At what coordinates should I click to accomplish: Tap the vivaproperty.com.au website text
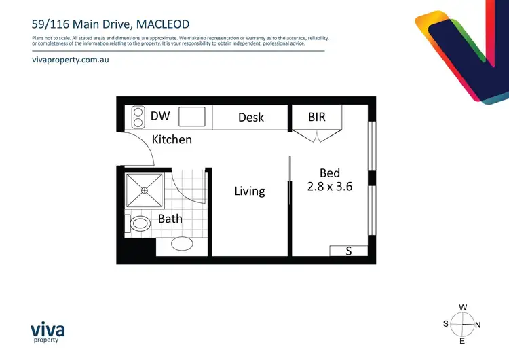[71, 60]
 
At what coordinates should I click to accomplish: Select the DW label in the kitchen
[160, 116]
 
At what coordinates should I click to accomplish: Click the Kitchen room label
[172, 139]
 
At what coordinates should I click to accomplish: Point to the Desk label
[251, 118]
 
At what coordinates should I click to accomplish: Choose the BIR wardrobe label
[317, 117]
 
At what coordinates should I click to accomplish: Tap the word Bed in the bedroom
[330, 173]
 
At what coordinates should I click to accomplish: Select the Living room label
[249, 191]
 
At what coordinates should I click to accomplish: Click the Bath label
[170, 219]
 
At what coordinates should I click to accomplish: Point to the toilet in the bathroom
[140, 223]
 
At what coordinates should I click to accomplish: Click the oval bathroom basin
[182, 244]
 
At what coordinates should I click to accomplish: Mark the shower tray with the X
[145, 191]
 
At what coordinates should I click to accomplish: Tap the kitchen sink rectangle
[192, 118]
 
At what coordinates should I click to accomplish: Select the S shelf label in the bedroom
[349, 251]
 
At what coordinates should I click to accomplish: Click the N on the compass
[478, 325]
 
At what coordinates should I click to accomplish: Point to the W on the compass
[463, 308]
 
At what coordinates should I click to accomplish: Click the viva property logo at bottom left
[48, 332]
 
